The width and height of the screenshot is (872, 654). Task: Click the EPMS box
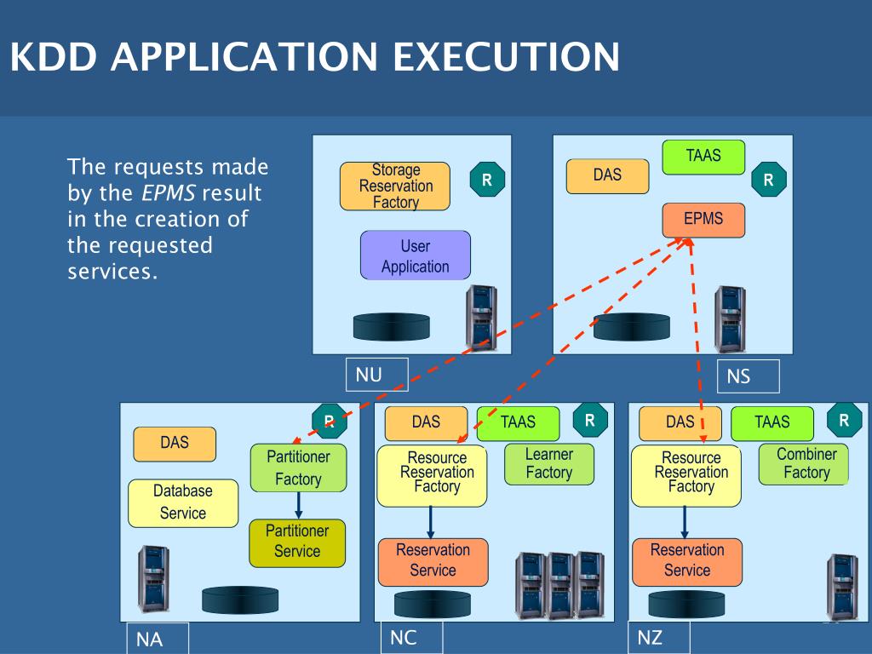(703, 220)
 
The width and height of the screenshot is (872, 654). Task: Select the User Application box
(416, 255)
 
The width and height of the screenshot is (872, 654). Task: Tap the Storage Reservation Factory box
(395, 186)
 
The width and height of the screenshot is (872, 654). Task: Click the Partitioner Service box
(297, 542)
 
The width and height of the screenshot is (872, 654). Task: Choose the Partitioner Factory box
(298, 468)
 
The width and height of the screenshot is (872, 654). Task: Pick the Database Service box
(182, 502)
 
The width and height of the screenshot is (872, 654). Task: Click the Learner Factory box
(548, 464)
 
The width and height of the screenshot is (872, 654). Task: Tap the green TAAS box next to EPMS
(703, 158)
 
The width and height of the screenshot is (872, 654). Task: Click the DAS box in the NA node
(175, 444)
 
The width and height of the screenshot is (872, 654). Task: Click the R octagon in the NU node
(487, 179)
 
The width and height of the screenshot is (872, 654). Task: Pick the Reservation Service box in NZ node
(686, 561)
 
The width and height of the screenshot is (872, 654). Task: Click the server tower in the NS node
(729, 320)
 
